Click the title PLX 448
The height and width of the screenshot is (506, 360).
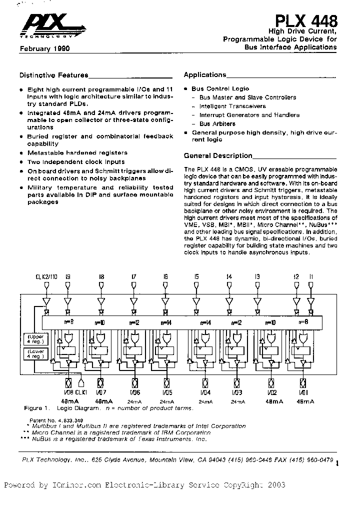(x=306, y=21)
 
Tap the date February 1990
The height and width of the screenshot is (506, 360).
(x=44, y=49)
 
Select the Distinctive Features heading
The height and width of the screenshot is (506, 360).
(x=53, y=75)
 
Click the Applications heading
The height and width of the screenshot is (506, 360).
(x=205, y=75)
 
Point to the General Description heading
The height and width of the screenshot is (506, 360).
(x=218, y=156)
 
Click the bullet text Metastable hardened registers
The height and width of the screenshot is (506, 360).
(x=77, y=152)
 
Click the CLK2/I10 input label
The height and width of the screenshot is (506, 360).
(x=46, y=276)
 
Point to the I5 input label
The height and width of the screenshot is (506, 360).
(x=196, y=276)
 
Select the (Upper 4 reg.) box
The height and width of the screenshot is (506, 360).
(x=33, y=338)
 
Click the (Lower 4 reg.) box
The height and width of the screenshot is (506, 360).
(x=33, y=354)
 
